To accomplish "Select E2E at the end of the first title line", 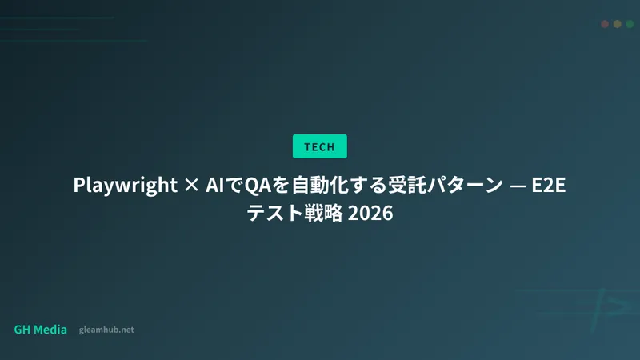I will (550, 186).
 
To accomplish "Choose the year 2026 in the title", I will (370, 214).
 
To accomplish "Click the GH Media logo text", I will (41, 330).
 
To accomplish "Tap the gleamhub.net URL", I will (107, 330).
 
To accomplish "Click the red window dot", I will (605, 24).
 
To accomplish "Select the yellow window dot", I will (618, 24).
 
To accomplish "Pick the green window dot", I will (630, 24).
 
